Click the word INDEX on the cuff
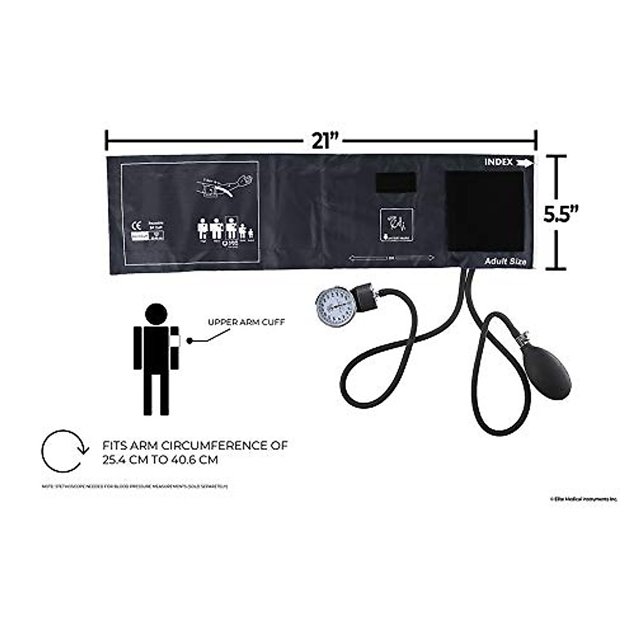coord(498,162)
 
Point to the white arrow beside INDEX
coord(525,163)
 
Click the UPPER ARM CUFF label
coord(246,322)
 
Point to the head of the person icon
coord(156,314)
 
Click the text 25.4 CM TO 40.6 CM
coord(160,460)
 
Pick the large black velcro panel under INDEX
coord(484,211)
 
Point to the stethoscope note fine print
coord(135,486)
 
